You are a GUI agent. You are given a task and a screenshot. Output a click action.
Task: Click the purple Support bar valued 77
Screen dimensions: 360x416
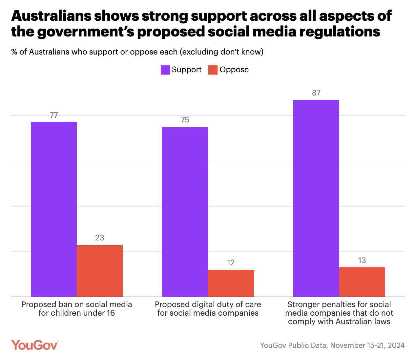[54, 209]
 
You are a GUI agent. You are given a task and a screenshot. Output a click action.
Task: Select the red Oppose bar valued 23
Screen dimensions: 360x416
[100, 271]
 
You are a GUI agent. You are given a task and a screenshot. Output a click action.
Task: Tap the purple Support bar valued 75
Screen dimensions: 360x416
[185, 212]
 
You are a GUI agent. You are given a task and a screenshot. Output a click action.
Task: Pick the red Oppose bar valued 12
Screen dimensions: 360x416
[231, 283]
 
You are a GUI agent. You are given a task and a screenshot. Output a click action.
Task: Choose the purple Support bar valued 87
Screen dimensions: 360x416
[316, 198]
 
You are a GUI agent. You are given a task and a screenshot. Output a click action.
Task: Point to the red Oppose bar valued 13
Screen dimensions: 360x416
[362, 282]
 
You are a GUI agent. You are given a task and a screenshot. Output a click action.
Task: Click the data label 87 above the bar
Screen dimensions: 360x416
[316, 93]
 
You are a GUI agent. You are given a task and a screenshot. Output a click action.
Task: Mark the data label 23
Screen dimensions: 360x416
[100, 238]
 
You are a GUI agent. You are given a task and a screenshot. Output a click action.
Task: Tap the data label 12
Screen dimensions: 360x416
[231, 263]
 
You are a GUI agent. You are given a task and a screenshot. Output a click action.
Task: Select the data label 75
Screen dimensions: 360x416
[185, 120]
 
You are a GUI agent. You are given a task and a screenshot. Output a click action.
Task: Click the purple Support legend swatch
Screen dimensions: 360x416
[165, 70]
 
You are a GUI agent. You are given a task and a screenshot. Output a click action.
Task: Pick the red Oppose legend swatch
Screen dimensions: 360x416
[213, 70]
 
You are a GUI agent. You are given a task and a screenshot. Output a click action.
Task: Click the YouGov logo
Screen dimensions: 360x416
[35, 345]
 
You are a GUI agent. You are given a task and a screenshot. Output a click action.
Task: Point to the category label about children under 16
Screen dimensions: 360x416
[77, 309]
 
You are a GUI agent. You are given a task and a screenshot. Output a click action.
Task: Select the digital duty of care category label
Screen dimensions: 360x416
[208, 309]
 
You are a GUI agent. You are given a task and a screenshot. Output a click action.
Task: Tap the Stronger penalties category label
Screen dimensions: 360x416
[339, 313]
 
